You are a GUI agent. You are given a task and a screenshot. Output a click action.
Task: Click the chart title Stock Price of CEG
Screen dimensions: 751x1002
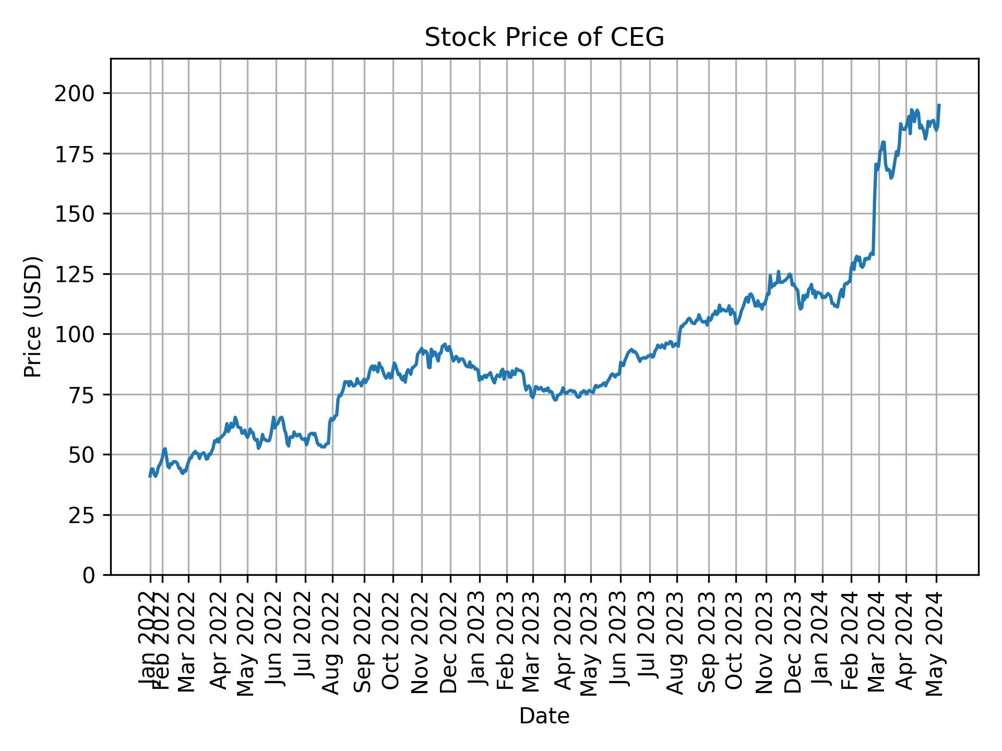pos(544,38)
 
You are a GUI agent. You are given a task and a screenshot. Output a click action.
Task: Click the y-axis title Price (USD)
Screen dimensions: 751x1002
pos(33,317)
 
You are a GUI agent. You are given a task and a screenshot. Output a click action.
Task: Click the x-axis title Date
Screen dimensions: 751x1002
pos(544,716)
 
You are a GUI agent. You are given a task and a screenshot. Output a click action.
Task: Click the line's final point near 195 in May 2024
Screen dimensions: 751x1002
pos(939,105)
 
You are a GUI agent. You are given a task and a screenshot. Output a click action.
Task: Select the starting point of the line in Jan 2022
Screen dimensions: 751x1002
pos(150,476)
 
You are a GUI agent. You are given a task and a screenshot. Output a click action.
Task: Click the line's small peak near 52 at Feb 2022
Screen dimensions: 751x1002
pos(165,449)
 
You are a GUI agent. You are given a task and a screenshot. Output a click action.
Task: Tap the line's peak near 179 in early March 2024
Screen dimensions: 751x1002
pos(884,142)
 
